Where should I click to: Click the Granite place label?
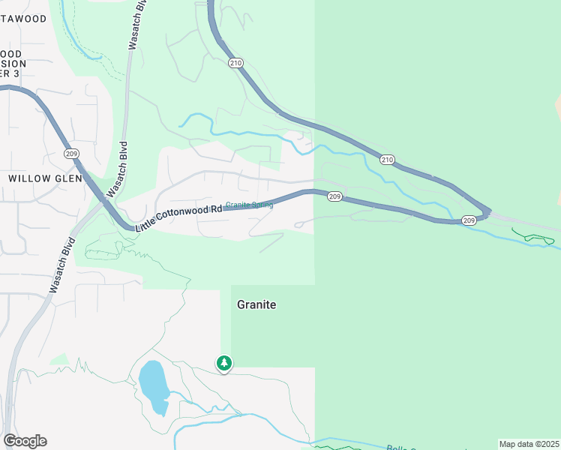click(x=256, y=304)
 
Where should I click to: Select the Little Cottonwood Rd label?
click(x=179, y=217)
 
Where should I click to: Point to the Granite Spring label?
click(x=249, y=205)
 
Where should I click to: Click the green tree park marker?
click(x=223, y=364)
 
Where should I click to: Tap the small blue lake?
click(x=153, y=385)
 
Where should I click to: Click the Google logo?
click(x=25, y=441)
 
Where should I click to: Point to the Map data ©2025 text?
click(x=529, y=444)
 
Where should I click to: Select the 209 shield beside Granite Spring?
click(x=334, y=196)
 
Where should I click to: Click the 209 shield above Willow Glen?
click(x=71, y=154)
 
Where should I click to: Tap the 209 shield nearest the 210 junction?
click(x=468, y=220)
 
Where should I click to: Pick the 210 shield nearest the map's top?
click(x=236, y=64)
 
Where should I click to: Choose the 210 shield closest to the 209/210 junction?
click(x=387, y=159)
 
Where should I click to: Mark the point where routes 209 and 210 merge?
click(x=488, y=212)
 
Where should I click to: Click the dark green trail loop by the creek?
click(x=538, y=238)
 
